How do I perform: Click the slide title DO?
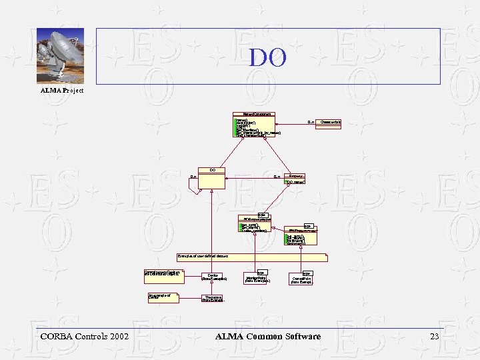click(268, 58)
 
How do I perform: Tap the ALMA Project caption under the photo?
click(62, 90)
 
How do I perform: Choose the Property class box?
click(295, 179)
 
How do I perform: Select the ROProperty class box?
click(255, 223)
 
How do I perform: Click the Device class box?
click(213, 277)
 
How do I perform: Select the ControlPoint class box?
click(303, 279)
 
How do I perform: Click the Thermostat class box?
click(213, 299)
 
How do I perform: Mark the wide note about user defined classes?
click(252, 256)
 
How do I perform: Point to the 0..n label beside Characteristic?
click(311, 122)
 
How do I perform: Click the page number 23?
click(435, 337)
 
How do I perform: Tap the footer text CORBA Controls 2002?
click(85, 337)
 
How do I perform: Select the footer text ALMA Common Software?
click(268, 337)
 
